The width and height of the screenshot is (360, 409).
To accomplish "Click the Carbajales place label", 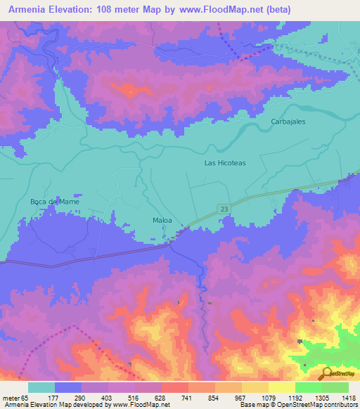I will pyautogui.click(x=288, y=122).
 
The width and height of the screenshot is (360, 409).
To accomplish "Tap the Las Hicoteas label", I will pyautogui.click(x=225, y=162).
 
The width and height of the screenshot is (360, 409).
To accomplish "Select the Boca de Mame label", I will pyautogui.click(x=54, y=202).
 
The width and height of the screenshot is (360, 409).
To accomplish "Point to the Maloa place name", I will pyautogui.click(x=162, y=221).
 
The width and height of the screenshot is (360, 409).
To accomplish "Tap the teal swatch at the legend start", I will pyautogui.click(x=41, y=387).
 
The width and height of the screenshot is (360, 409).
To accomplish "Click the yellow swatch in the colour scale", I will pyautogui.click(x=282, y=387).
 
